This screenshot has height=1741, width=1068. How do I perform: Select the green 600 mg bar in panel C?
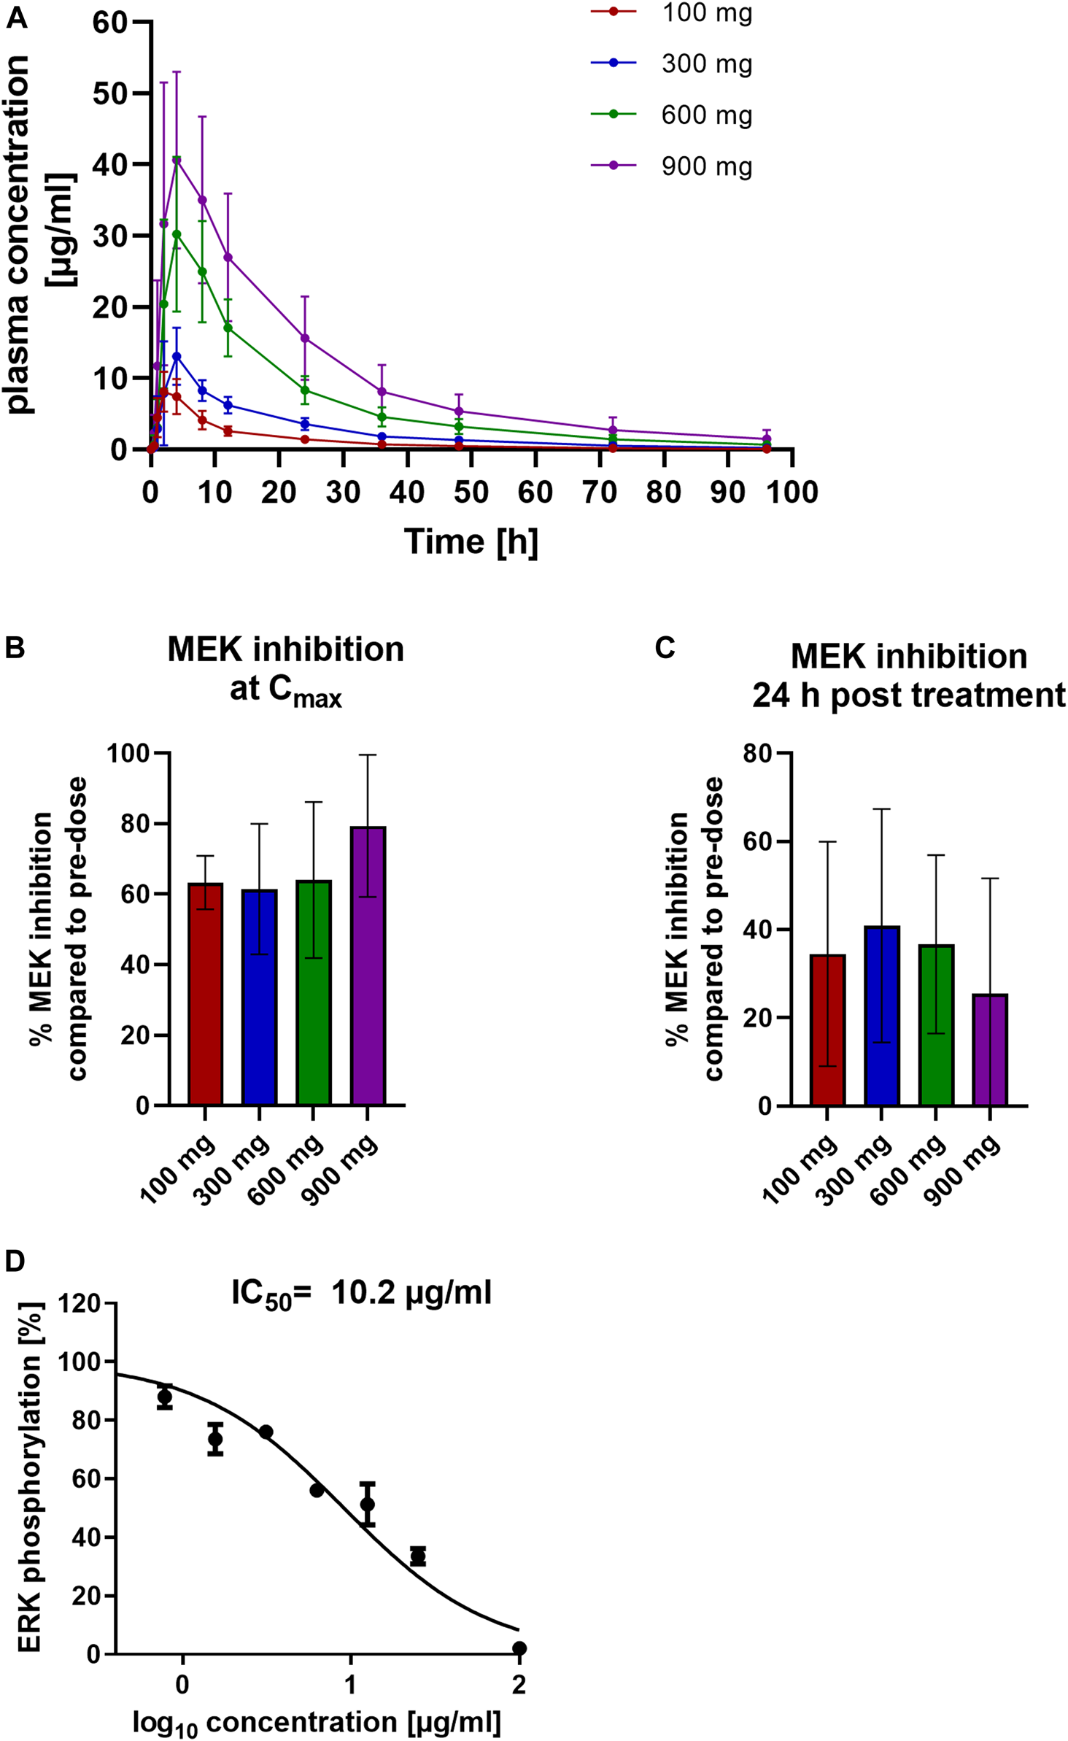pos(936,1024)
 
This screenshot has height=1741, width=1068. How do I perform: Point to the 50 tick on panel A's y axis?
pos(109,93)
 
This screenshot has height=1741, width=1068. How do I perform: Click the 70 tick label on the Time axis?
pos(599,493)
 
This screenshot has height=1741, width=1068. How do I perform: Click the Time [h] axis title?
pos(471,542)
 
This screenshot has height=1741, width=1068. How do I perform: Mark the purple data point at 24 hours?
pos(305,339)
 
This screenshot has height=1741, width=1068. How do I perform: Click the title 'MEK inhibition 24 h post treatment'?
pos(908,675)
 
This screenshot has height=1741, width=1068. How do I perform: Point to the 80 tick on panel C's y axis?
pos(757,753)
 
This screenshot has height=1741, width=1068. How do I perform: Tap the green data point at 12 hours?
pos(228,328)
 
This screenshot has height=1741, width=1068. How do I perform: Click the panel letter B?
pos(15,647)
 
